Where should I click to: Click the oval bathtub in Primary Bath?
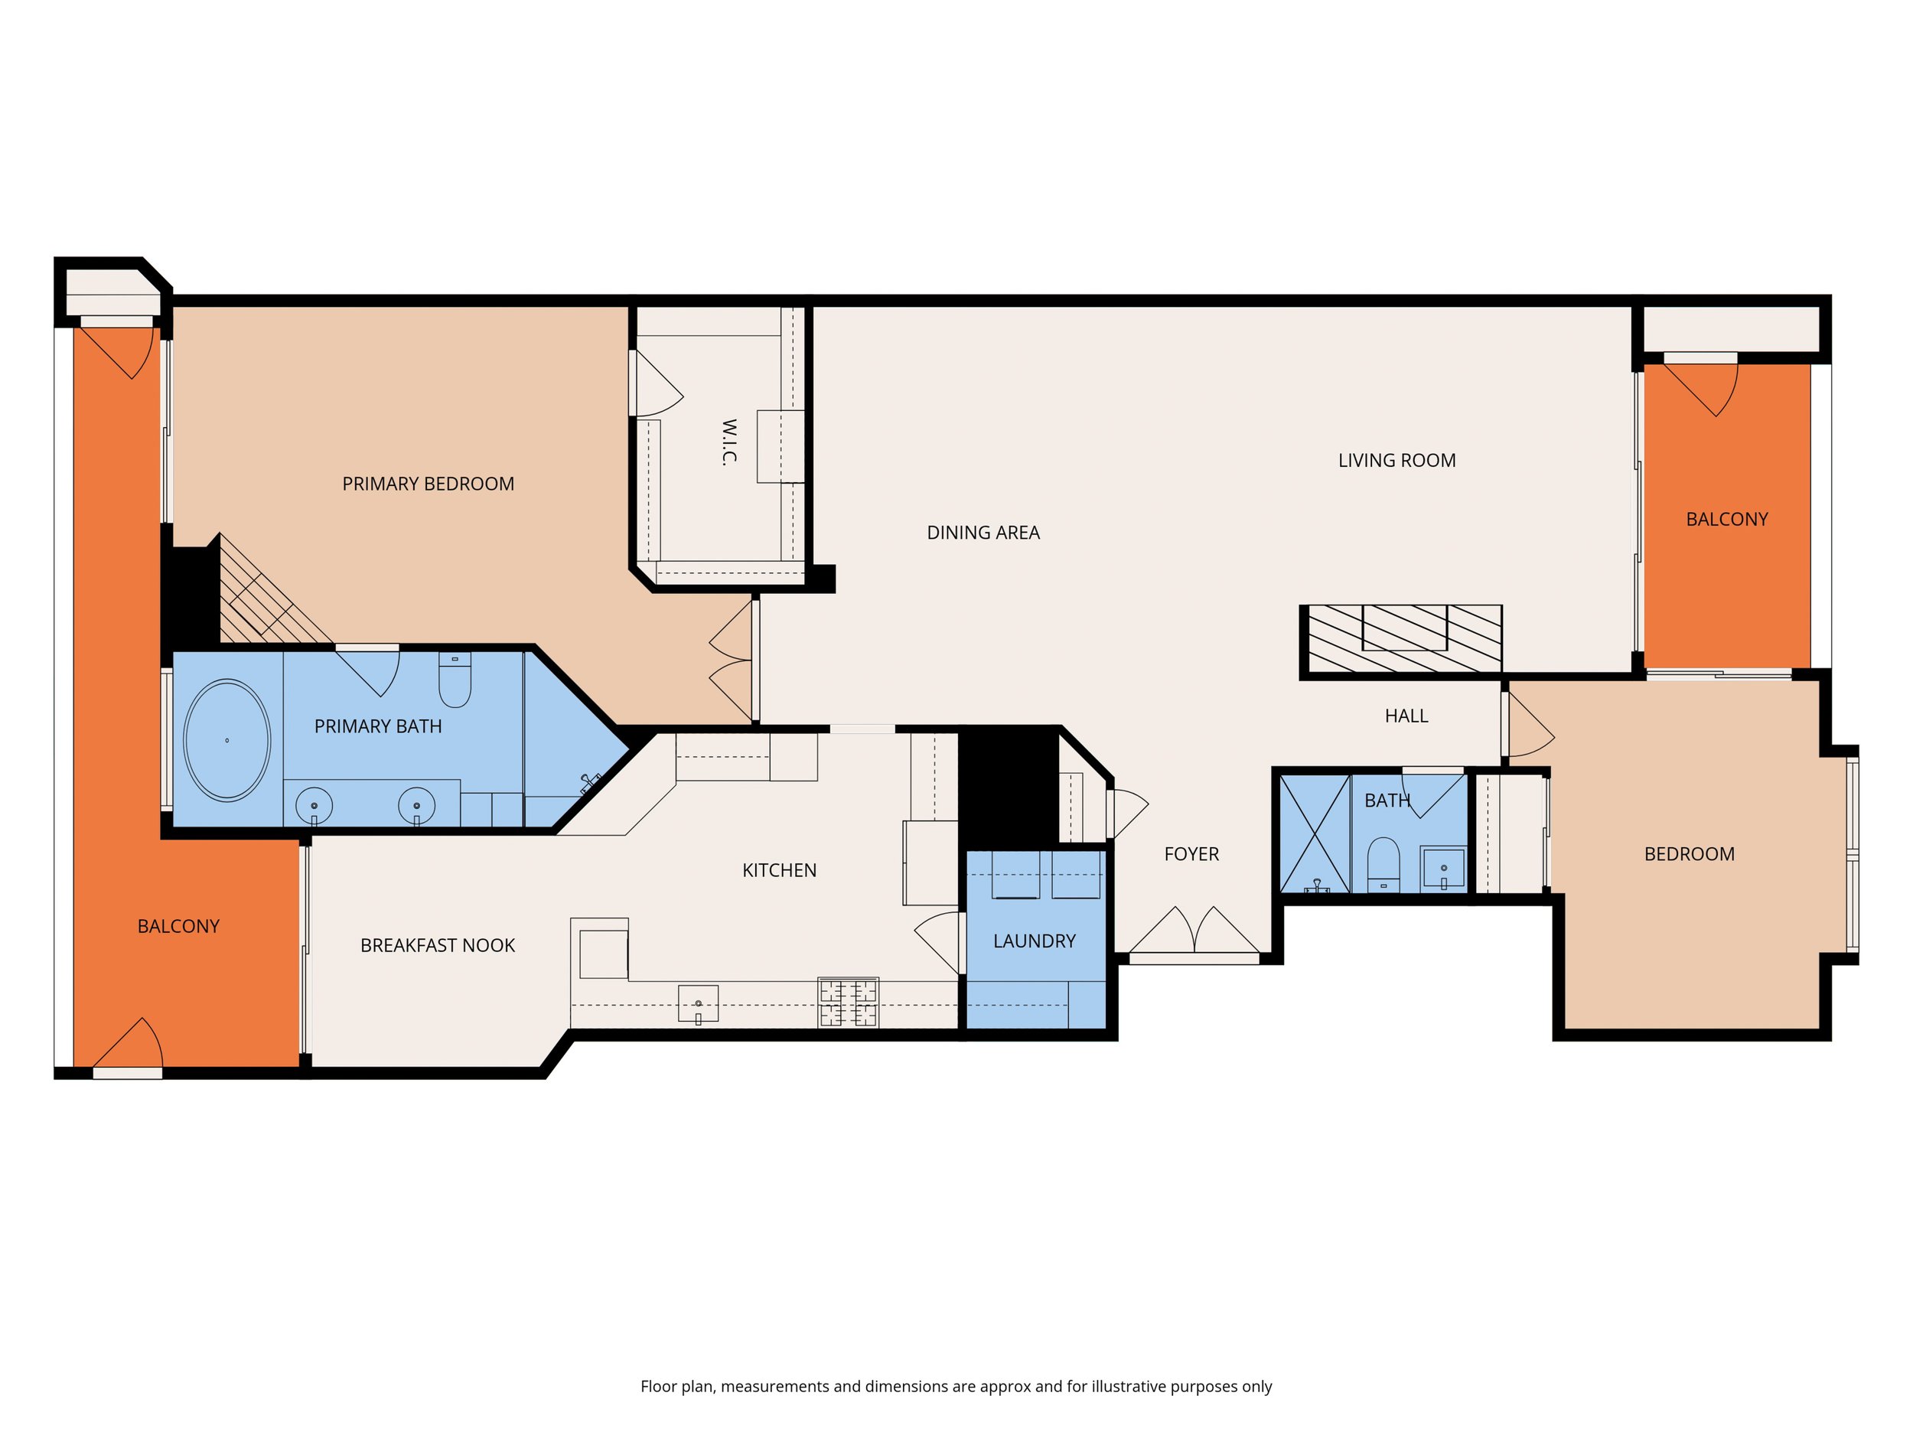[226, 739]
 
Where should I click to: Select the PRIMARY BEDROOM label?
[428, 484]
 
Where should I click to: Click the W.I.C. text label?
[729, 442]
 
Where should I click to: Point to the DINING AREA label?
[983, 533]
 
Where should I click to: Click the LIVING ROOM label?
[1396, 460]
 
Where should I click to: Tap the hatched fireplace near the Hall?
[1401, 640]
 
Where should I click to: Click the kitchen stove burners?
[849, 1003]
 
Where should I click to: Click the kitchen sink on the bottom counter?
[698, 1003]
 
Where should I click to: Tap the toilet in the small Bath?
[1383, 863]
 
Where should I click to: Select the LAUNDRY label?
[1035, 941]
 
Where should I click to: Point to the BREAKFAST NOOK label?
[438, 945]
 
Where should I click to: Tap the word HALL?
[1406, 716]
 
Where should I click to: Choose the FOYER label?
[1191, 854]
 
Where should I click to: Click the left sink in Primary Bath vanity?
[314, 806]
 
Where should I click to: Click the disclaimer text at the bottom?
[956, 1387]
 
